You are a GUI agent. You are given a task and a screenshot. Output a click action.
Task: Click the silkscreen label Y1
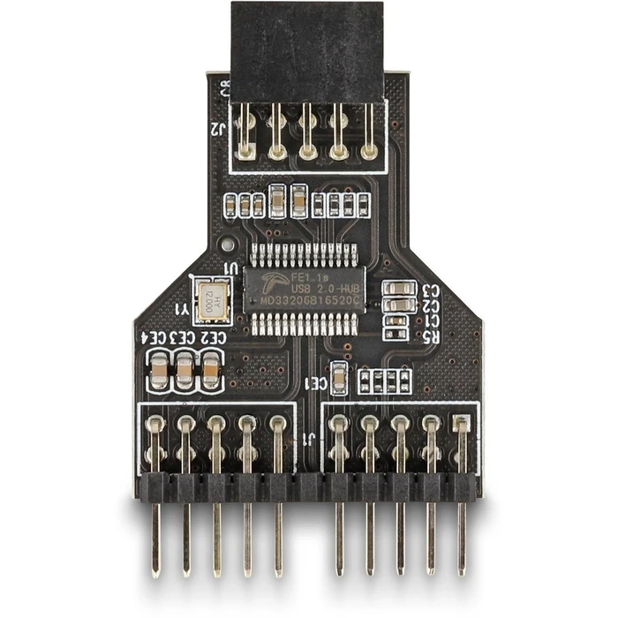(181, 309)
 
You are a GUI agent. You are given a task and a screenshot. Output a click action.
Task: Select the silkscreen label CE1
(315, 384)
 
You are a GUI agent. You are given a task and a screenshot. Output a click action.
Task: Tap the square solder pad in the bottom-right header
(461, 424)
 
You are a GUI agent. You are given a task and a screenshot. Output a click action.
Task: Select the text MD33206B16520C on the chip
(306, 301)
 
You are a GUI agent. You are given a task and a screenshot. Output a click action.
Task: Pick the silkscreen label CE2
(213, 337)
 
